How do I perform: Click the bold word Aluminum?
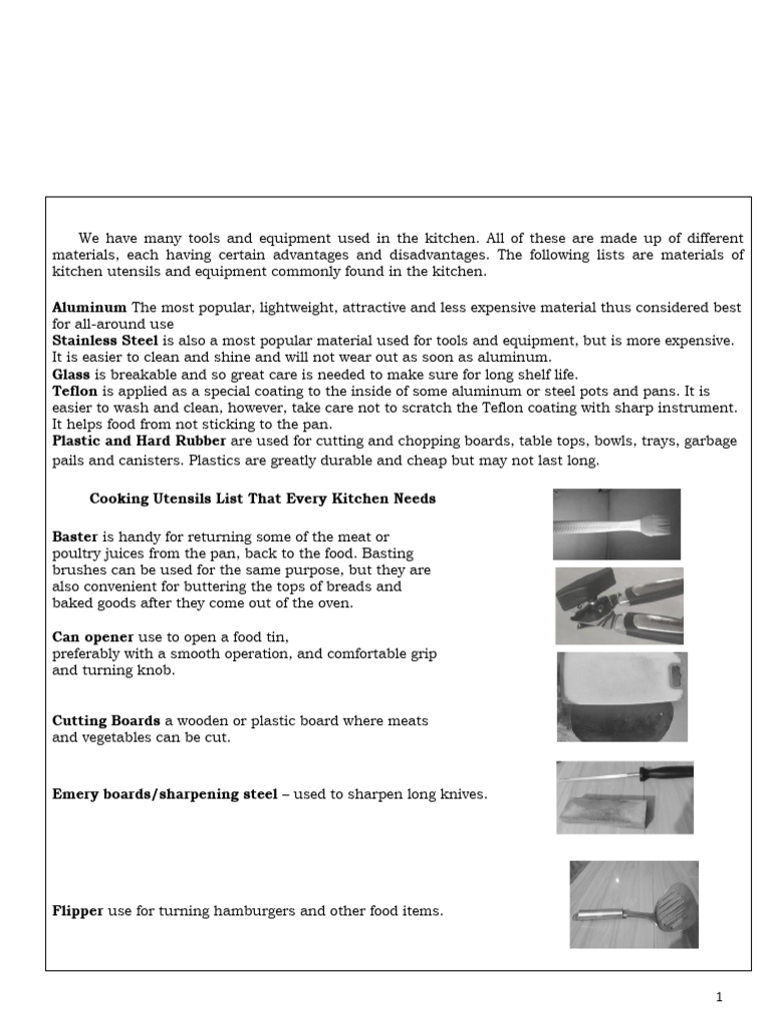(x=89, y=308)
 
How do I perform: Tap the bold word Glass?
(x=71, y=375)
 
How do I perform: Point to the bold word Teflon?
(x=75, y=392)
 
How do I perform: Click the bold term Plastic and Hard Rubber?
(x=139, y=441)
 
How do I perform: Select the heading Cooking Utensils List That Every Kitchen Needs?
(x=262, y=499)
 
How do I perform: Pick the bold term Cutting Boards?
(x=106, y=720)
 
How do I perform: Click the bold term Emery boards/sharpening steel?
(x=165, y=795)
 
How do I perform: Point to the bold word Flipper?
(x=78, y=911)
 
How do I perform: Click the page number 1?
(x=718, y=997)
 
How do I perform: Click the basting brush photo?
(x=616, y=523)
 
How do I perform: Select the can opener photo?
(x=619, y=605)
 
